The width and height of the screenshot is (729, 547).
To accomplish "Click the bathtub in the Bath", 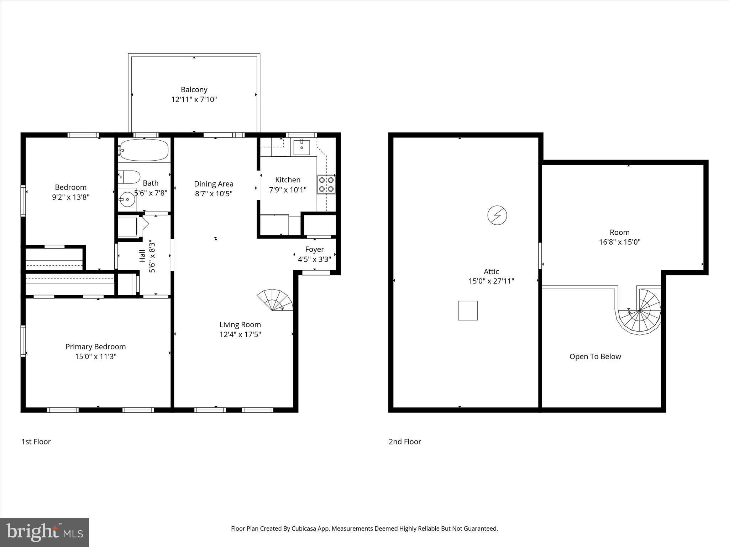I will [x=144, y=150].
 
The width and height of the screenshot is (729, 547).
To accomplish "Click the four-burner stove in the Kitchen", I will [x=326, y=184].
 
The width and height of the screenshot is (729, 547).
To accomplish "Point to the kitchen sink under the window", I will [x=301, y=147].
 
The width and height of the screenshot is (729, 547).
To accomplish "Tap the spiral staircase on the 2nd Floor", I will [x=640, y=311].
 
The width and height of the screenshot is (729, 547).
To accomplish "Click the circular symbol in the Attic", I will [x=497, y=215].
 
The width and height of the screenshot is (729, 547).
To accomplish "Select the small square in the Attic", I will [x=467, y=311].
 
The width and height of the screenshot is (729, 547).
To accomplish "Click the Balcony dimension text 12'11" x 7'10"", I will [x=194, y=99].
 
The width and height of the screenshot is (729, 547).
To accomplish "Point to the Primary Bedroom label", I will [x=95, y=347].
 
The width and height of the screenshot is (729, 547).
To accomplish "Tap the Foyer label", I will [x=314, y=249].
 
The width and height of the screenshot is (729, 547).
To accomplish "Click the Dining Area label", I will [x=214, y=184].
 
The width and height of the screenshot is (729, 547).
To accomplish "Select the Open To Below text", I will [x=595, y=356].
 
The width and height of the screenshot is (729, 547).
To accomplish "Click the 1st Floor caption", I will [x=36, y=442].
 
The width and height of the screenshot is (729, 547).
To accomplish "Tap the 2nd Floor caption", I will [x=405, y=442].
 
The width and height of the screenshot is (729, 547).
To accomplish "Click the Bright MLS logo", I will [x=44, y=532].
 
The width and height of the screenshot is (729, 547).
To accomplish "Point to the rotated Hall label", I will [x=142, y=256].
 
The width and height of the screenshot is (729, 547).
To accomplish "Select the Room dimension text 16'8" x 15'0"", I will [x=619, y=242].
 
